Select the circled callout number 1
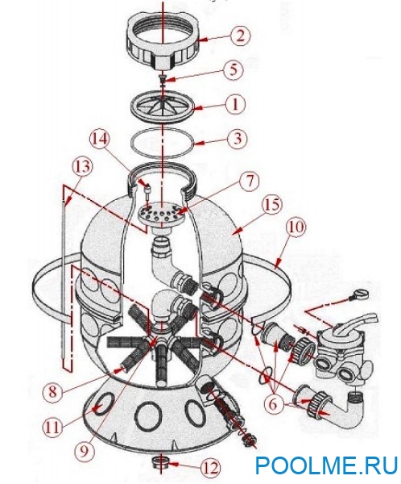coord(235,105)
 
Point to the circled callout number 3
coord(238,139)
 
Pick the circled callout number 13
coord(84,167)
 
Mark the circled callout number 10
coord(296,227)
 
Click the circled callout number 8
coord(52,393)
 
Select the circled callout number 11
coord(52,428)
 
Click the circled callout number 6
coord(274,404)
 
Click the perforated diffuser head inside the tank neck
coord(160,213)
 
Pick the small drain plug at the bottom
coord(159,463)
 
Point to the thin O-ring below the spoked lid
coord(163,144)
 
